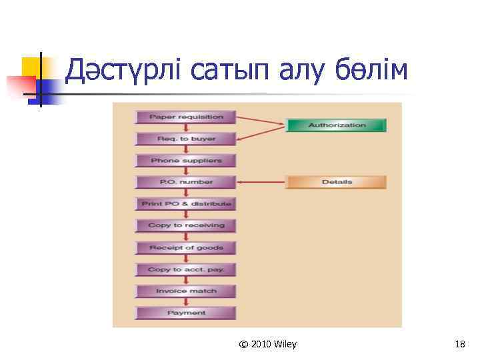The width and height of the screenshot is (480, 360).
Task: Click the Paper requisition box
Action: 186,117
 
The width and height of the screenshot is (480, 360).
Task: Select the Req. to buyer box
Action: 186,139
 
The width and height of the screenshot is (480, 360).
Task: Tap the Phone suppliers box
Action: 186,161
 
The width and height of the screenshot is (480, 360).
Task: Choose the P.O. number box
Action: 186,182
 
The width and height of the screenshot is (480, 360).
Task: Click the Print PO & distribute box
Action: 186,203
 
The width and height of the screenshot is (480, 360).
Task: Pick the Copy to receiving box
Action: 186,225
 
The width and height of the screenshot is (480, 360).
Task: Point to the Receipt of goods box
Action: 186,247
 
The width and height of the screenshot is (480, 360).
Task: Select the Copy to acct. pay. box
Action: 186,269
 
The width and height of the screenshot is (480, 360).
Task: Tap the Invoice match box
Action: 186,291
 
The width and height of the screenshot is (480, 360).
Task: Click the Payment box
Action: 186,313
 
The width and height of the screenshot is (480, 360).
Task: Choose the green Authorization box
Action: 337,125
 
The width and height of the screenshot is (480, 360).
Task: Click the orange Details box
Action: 337,182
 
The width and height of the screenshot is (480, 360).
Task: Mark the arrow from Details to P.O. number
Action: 261,182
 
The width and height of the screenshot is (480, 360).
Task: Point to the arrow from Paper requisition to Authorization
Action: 261,121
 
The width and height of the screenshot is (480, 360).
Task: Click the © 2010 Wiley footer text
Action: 268,344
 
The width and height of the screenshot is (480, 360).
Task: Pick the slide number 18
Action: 459,344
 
